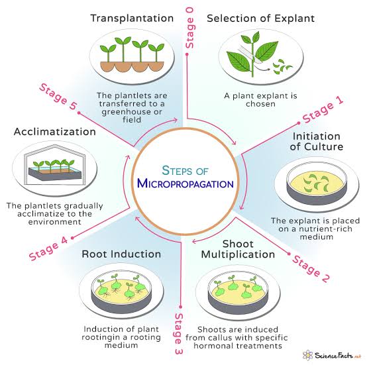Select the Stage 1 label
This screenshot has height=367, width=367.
pos(323,109)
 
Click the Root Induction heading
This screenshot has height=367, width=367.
pos(121,254)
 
